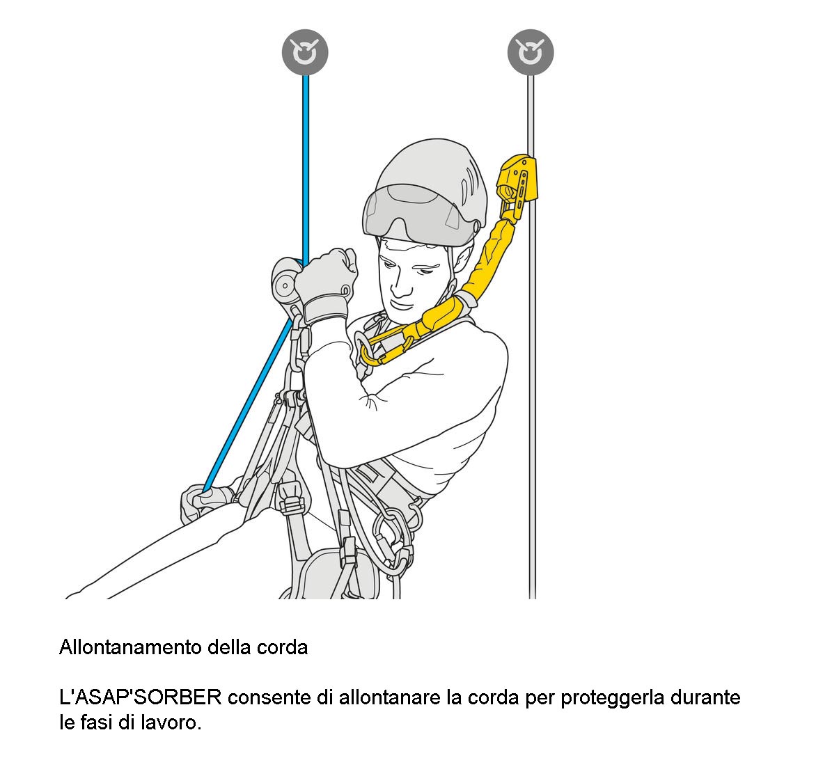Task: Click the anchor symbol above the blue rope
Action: click(305, 52)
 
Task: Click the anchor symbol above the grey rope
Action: click(531, 52)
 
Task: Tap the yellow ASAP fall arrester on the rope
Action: click(517, 184)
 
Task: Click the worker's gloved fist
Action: click(327, 283)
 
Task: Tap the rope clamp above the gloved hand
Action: click(285, 283)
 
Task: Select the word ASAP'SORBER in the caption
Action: click(141, 697)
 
